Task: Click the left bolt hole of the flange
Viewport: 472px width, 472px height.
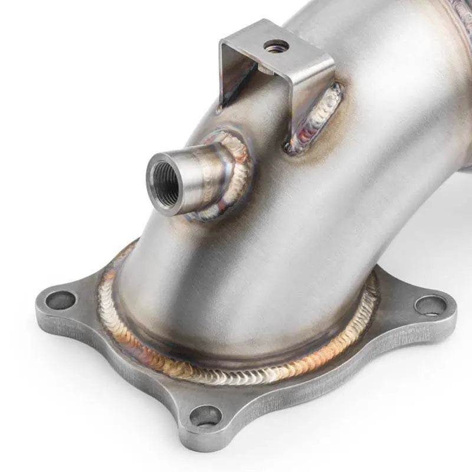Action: coord(60,300)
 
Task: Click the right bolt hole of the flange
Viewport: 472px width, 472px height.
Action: coord(430,305)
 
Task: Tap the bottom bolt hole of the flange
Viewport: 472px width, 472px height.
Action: coord(205,415)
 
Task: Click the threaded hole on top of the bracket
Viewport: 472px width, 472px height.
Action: coord(276,46)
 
